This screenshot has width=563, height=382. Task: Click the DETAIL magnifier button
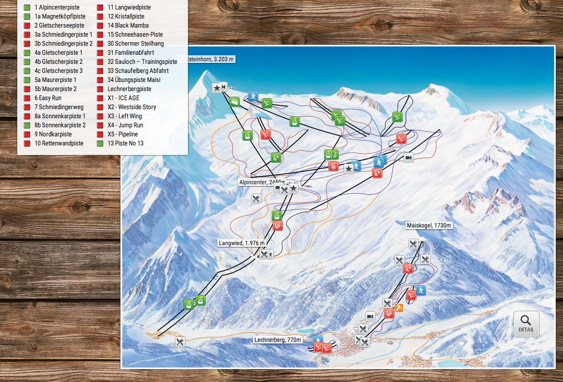tap(526, 323)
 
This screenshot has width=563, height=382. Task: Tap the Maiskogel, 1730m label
tap(429, 225)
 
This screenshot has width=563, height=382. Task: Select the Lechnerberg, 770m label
tap(277, 340)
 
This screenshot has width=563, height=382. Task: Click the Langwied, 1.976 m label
tap(242, 243)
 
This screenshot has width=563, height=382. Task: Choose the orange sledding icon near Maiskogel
tap(399, 308)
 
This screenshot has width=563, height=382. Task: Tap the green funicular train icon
tap(235, 102)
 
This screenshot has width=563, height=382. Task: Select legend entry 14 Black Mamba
tap(128, 25)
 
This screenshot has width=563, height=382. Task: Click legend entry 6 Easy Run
tap(48, 98)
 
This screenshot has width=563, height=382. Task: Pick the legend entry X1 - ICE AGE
tap(123, 98)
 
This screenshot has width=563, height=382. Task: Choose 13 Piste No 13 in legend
tap(125, 143)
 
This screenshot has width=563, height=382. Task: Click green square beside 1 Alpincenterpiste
tap(27, 7)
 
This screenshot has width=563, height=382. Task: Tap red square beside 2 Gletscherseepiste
tap(27, 25)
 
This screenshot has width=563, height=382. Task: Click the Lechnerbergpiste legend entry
tap(129, 89)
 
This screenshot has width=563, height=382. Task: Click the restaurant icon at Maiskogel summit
tap(414, 244)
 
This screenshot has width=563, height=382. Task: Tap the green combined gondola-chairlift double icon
tap(331, 154)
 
